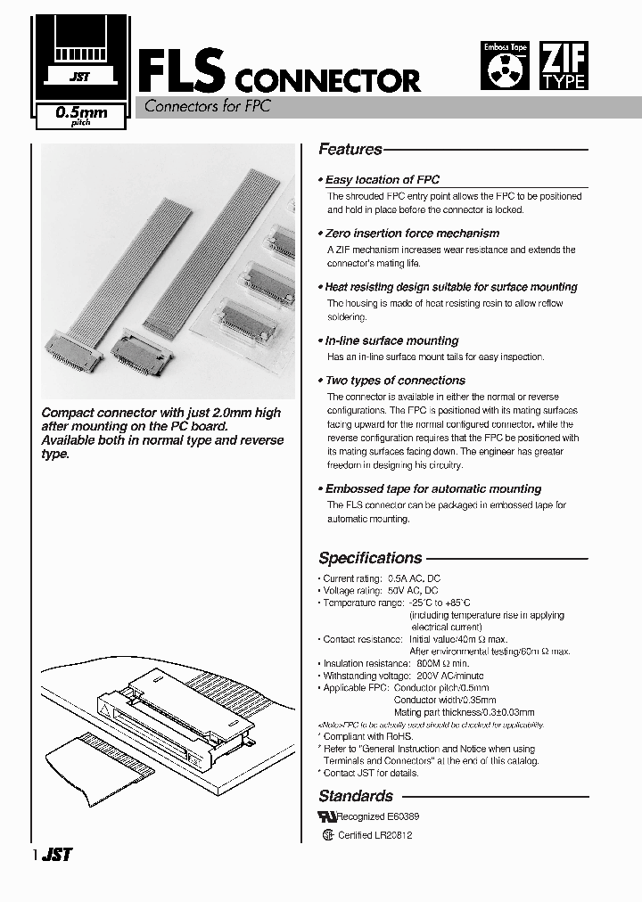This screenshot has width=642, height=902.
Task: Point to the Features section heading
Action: tap(350, 150)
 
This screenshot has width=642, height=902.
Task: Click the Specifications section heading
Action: tap(370, 558)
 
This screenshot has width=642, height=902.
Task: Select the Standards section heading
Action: tap(356, 796)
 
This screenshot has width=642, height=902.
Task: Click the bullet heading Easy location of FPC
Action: tap(382, 179)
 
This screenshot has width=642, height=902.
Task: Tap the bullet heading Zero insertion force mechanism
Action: tap(411, 233)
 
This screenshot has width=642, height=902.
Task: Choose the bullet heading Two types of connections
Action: tap(394, 381)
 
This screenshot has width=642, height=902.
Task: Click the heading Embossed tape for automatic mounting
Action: tap(432, 489)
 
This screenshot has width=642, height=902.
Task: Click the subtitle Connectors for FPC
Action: tap(202, 106)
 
